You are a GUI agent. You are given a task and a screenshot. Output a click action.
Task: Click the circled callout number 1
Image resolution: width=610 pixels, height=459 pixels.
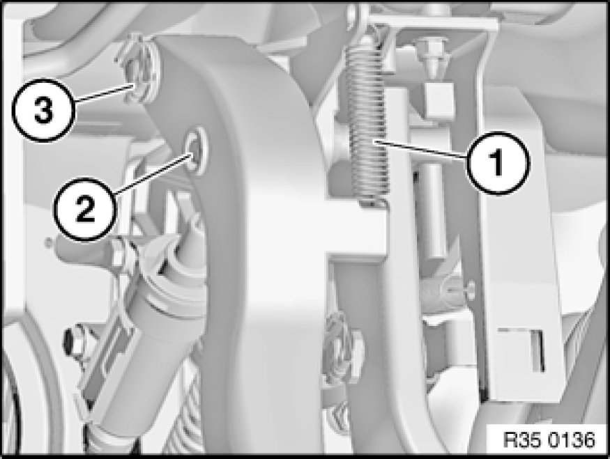point(498,162)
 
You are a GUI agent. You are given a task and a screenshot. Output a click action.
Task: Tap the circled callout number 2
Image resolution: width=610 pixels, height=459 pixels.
point(85,209)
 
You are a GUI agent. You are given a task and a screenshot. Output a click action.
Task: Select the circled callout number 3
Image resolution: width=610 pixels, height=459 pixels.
point(43,110)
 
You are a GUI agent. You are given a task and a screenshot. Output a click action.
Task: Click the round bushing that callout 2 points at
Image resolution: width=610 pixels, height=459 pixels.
point(197,150)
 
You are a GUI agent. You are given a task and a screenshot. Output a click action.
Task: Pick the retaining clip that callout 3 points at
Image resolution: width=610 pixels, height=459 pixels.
point(139,70)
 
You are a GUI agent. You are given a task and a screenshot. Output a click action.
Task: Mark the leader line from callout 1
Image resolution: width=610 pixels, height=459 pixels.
point(421,149)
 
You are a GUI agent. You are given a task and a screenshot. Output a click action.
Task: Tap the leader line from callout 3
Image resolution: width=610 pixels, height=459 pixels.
point(102,93)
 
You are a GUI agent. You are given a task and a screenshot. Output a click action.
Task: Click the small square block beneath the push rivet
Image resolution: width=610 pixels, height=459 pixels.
point(440,100)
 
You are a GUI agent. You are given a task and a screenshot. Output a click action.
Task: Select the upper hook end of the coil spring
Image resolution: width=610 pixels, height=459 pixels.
point(372,37)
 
